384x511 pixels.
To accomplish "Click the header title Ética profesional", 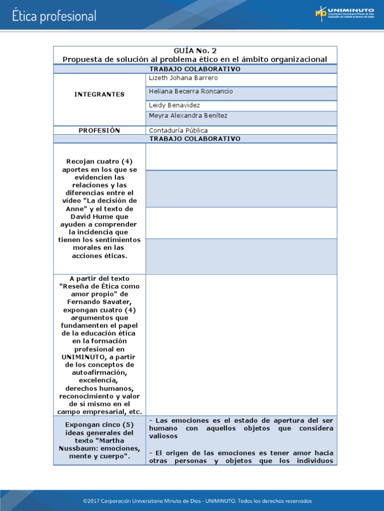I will click(54, 16).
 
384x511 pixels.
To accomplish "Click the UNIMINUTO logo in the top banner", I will click(344, 13).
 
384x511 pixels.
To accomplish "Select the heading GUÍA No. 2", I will click(195, 51).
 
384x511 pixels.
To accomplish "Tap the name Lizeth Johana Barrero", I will click(183, 78).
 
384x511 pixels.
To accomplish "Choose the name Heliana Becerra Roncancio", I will click(191, 92).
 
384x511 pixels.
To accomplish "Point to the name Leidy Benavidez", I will click(174, 105).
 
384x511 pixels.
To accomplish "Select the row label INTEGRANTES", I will click(99, 94).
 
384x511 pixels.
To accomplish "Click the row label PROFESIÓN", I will click(99, 130).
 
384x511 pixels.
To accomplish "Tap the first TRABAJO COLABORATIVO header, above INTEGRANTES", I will click(195, 69).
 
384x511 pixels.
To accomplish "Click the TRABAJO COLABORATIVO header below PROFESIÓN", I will click(195, 139).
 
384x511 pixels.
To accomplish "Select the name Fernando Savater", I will click(99, 302).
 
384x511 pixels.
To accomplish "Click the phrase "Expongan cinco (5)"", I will click(99, 425).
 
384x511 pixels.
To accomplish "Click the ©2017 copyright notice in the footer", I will click(197, 501).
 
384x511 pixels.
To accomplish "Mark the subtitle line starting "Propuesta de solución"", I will click(195, 59).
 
